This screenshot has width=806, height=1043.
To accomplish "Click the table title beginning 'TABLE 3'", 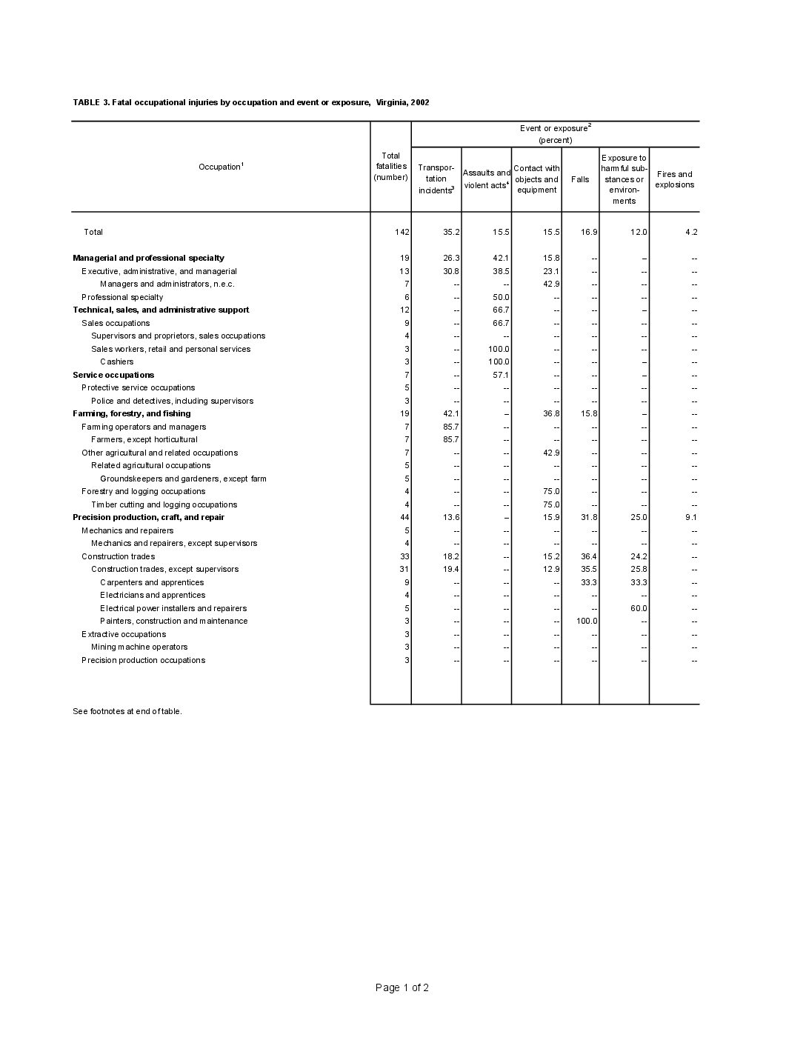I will (251, 102).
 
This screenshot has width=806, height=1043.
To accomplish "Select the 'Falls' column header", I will (580, 179).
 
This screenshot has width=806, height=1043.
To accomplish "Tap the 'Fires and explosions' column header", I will (674, 179).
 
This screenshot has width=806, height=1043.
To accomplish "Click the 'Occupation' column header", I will (221, 167).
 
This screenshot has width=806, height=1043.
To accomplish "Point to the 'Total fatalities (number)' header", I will (390, 167).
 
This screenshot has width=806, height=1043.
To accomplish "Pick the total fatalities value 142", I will (402, 232).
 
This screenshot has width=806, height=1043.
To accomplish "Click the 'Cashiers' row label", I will (117, 361).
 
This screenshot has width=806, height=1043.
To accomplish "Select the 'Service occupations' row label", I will (113, 375).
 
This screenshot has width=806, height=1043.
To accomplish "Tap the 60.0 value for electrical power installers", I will (639, 608).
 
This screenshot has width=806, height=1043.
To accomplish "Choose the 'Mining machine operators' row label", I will (139, 647).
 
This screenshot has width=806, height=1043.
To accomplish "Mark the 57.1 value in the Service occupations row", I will (501, 375).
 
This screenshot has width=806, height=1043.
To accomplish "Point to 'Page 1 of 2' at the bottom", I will (402, 987).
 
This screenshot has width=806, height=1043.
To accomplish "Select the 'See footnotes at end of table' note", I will (127, 711).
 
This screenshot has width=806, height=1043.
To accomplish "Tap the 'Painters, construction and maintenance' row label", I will (174, 621).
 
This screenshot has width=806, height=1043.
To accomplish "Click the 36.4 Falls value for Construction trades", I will (589, 556).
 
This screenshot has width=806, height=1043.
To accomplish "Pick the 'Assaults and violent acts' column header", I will (486, 179).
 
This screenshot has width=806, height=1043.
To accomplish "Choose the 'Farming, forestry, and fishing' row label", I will (132, 413).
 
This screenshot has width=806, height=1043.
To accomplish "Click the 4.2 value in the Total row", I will (690, 232).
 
